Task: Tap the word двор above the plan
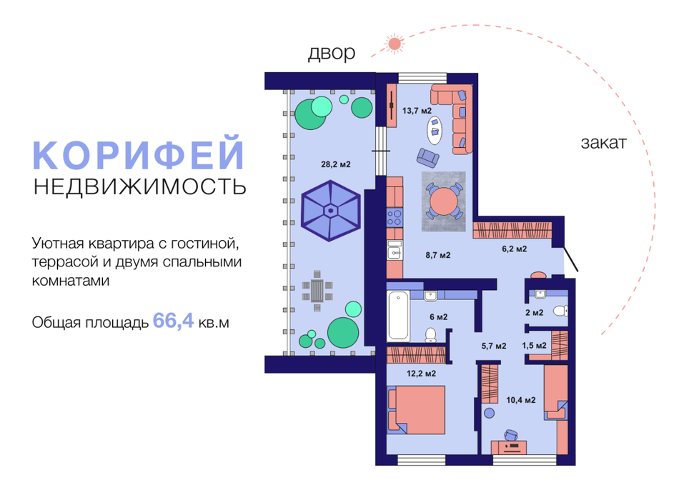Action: click(x=331, y=54)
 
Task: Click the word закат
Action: click(x=603, y=143)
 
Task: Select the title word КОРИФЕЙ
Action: click(x=139, y=156)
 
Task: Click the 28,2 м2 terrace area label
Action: click(x=335, y=164)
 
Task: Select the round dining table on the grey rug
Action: click(x=446, y=201)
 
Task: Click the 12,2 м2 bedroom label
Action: click(x=422, y=373)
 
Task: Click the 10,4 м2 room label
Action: click(x=521, y=400)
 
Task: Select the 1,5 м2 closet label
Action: click(x=534, y=346)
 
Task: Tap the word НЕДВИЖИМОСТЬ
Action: click(x=139, y=187)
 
